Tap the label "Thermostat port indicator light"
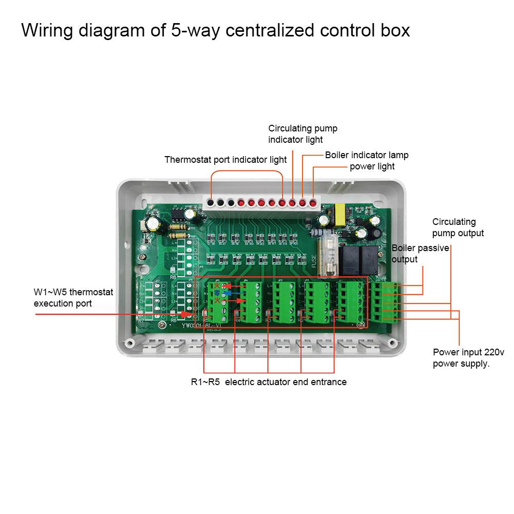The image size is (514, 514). (x=225, y=160)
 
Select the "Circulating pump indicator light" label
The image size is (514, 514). (x=302, y=134)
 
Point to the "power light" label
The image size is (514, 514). (x=372, y=166)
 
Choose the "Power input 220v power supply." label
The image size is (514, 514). (x=461, y=358)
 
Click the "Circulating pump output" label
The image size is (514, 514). (x=458, y=227)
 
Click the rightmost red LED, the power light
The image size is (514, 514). (x=313, y=203)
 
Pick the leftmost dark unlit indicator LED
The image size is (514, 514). (x=211, y=203)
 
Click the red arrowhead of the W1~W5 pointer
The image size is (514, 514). (x=193, y=314)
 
